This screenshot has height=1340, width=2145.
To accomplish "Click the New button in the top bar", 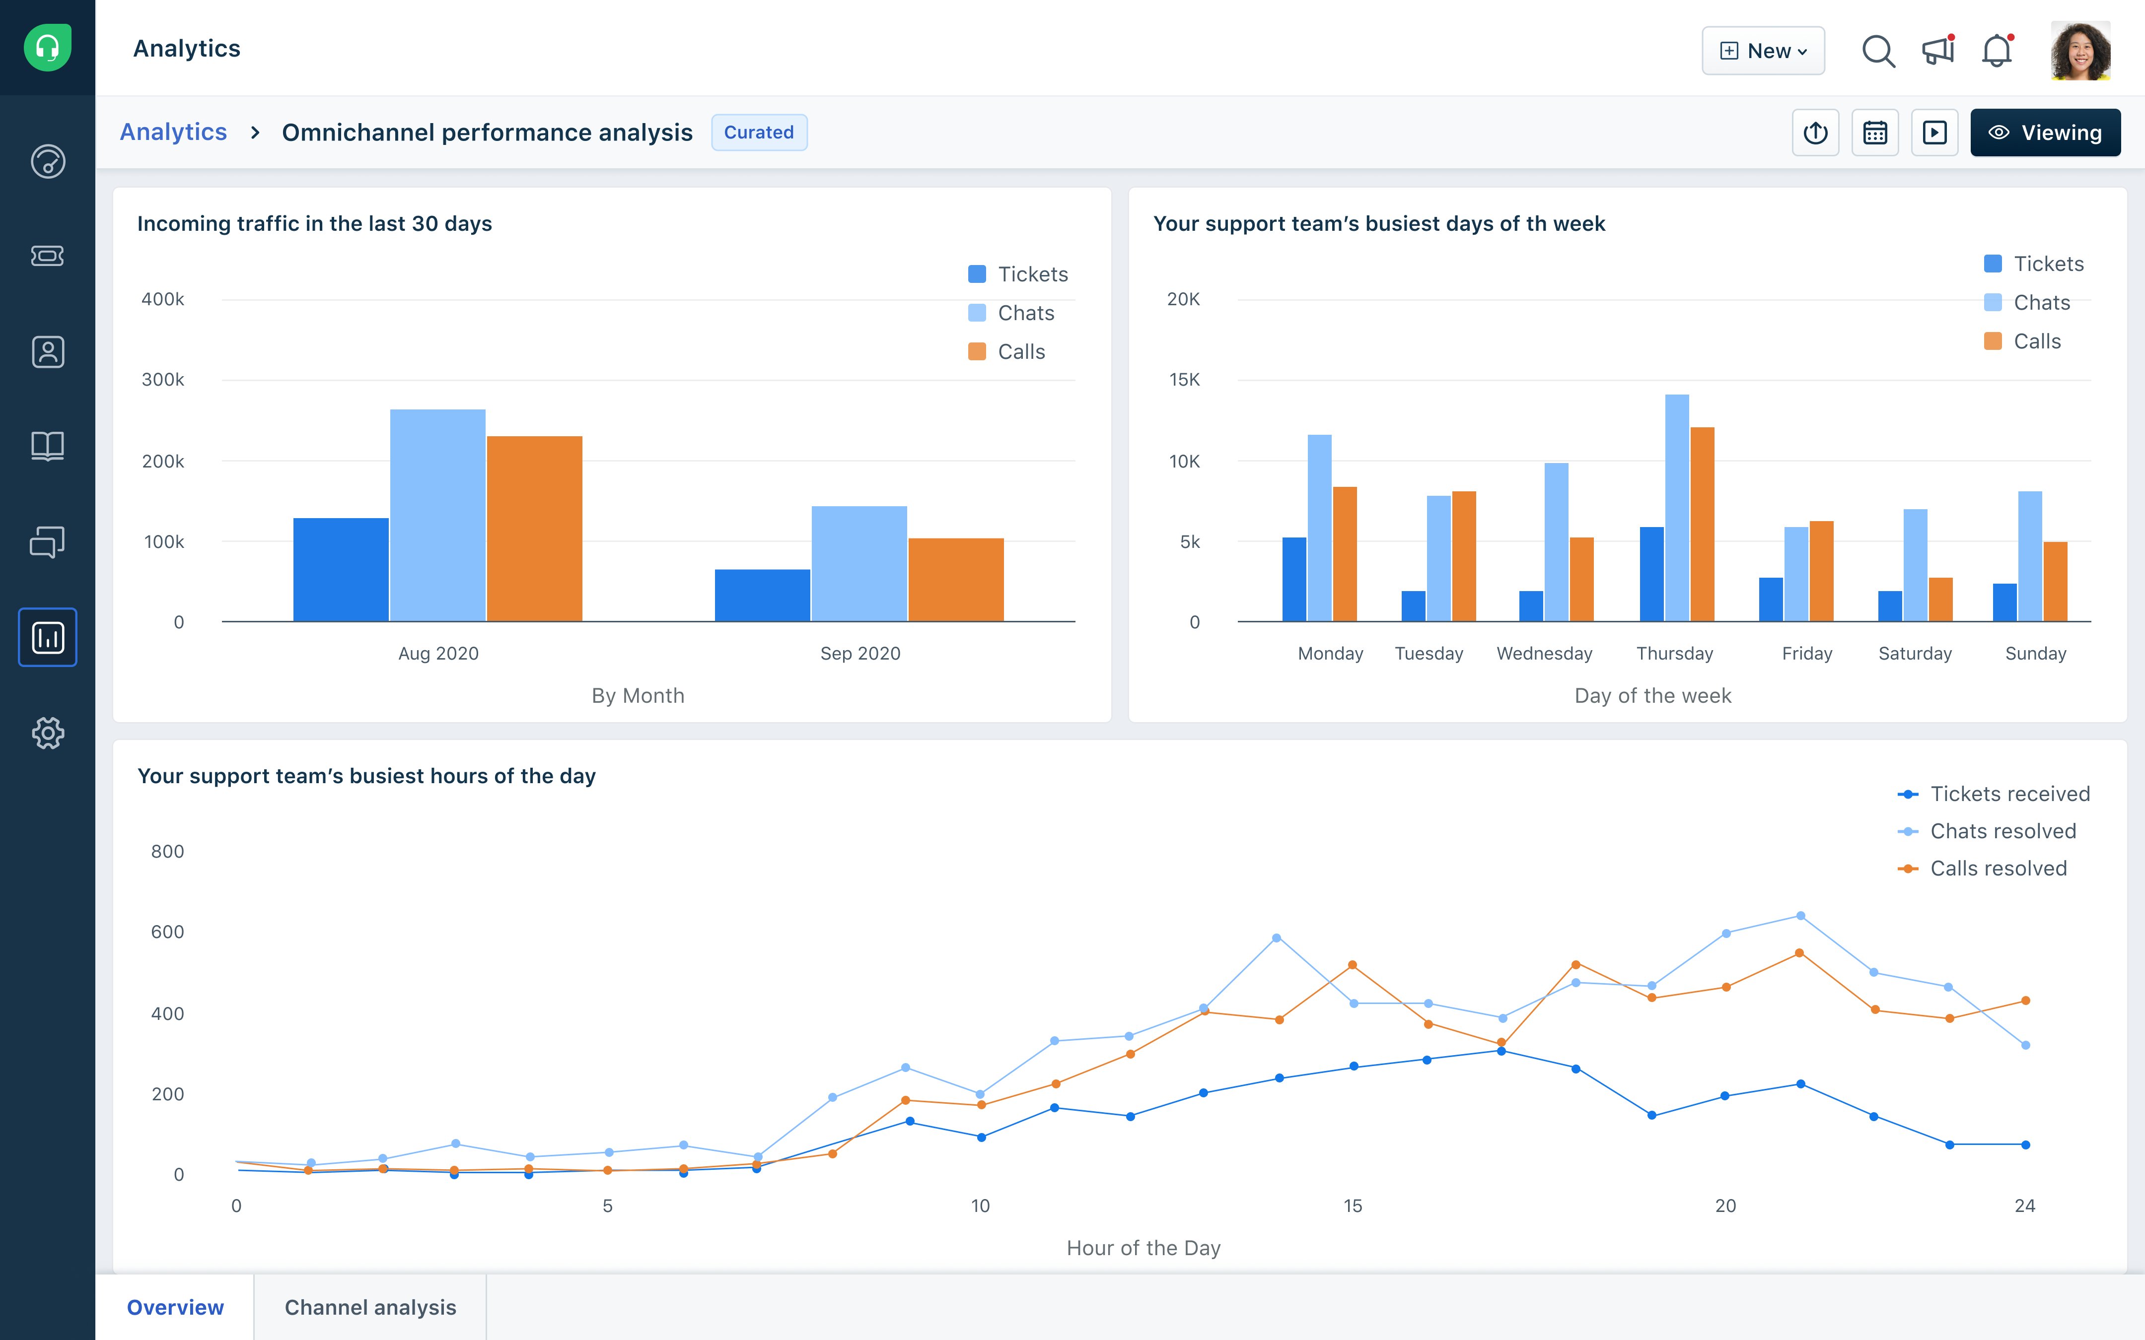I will click(x=1762, y=51).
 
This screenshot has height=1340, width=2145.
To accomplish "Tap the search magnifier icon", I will click(x=1877, y=51).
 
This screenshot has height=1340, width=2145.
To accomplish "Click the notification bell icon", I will click(x=1996, y=51).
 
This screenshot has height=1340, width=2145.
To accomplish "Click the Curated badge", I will click(x=759, y=132).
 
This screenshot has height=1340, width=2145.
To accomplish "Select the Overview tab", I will click(x=175, y=1307).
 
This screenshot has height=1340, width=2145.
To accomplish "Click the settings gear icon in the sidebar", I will click(x=48, y=733).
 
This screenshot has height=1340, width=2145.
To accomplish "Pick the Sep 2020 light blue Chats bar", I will click(x=859, y=564).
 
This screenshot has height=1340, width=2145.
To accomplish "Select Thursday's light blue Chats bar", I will click(x=1676, y=508).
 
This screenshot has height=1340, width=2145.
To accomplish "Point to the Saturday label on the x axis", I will click(x=1915, y=653).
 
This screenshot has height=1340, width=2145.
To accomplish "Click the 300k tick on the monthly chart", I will click(x=163, y=379).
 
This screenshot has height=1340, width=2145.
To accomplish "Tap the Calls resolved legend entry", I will click(x=1998, y=869).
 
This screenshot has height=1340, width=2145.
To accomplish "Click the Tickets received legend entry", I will click(x=2009, y=794).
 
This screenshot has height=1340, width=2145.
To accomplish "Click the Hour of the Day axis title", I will click(x=1144, y=1248).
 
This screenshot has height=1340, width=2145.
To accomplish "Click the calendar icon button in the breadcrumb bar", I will click(x=1875, y=133).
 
